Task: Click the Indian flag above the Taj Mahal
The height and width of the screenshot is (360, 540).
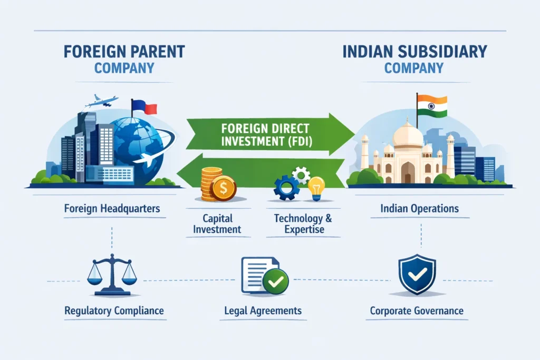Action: point(432,106)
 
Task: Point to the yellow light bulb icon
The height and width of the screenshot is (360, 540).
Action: point(316,187)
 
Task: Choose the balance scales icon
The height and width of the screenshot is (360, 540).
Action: point(112,274)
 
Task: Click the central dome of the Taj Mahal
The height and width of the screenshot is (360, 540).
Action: point(408,135)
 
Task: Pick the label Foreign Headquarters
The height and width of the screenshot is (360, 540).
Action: point(112,209)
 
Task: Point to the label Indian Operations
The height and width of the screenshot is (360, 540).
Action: point(419,208)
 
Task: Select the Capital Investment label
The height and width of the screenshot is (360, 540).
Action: point(217,223)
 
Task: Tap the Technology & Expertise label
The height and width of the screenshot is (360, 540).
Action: point(299,223)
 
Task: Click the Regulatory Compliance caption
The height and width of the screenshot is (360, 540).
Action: point(113,310)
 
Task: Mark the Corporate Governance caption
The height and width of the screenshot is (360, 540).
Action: point(417,310)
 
